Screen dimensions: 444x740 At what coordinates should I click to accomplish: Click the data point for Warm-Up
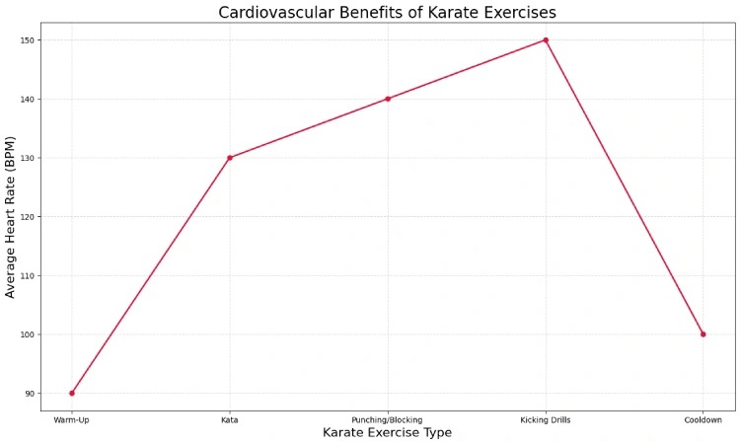click(x=72, y=393)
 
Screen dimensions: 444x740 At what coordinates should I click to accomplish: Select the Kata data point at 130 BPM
click(x=230, y=158)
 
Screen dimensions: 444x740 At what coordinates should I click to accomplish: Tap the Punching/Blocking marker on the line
click(x=388, y=99)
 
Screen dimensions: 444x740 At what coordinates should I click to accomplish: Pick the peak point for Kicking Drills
click(x=546, y=40)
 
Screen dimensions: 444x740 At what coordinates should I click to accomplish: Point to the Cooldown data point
click(x=703, y=334)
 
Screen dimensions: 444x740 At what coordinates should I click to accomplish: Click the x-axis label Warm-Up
click(x=72, y=420)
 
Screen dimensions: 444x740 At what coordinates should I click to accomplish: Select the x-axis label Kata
click(x=230, y=420)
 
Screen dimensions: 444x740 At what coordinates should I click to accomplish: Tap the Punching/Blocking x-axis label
click(x=388, y=420)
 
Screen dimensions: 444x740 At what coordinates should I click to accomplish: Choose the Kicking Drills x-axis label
click(x=546, y=420)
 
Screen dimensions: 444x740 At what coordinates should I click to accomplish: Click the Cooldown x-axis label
click(x=703, y=420)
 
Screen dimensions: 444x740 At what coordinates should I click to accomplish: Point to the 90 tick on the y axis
click(x=29, y=394)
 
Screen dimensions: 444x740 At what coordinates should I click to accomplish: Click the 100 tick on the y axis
click(x=27, y=334)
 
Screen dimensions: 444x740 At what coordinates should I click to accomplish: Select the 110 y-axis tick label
click(x=27, y=275)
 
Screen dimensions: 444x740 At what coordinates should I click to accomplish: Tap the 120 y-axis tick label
click(x=27, y=217)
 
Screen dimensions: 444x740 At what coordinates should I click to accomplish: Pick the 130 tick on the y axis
click(x=27, y=158)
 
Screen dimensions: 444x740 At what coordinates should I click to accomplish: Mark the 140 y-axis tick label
click(x=27, y=99)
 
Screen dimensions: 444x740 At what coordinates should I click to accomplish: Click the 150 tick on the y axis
click(x=27, y=40)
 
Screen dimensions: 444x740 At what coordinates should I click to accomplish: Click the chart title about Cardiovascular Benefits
click(x=387, y=13)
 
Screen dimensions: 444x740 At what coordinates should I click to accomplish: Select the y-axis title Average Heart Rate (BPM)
click(x=11, y=217)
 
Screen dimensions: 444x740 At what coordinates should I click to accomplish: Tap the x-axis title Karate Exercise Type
click(x=387, y=433)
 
